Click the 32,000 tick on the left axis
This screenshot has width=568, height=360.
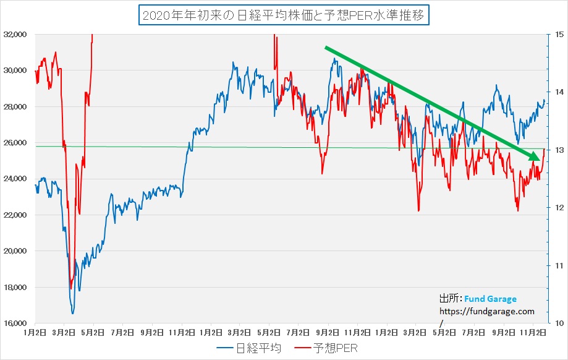17,35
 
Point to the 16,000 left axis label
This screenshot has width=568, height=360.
17,324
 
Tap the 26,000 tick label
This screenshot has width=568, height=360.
17,143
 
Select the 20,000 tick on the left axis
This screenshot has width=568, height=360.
17,251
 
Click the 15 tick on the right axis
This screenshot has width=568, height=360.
559,35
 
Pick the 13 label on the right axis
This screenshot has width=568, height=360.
559,150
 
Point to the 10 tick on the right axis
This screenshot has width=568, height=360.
559,324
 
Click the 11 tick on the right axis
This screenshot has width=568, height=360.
559,266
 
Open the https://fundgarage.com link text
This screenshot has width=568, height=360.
486,312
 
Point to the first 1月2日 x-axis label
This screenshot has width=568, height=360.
35,332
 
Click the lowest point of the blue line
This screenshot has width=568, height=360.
73,313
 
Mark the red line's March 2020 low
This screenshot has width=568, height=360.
71,288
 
